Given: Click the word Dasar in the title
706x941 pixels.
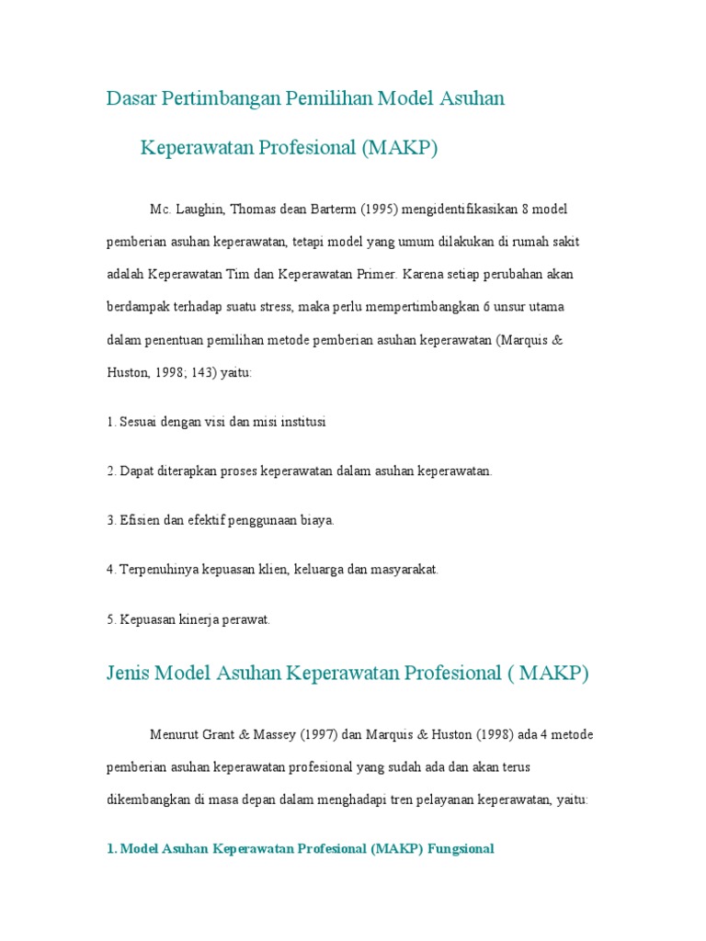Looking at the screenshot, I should pos(131,98).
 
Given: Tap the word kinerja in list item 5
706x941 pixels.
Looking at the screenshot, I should pos(190,620).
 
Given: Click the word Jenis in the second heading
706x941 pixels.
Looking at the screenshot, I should pos(128,674).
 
